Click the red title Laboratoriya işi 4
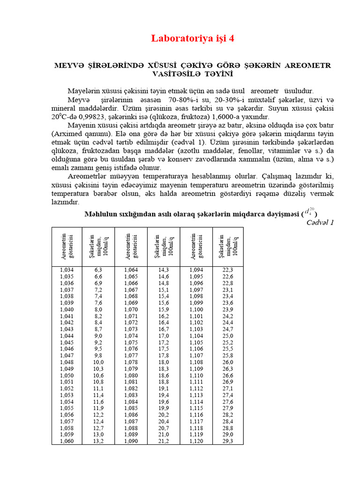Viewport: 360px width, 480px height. pos(192,38)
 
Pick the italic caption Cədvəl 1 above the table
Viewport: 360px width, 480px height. pos(320,222)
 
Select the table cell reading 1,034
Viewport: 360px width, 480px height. pos(67,270)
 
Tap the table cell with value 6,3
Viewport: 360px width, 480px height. pos(98,270)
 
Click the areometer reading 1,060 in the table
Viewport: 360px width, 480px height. pos(67,441)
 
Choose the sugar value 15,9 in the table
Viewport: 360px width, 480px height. pos(164,309)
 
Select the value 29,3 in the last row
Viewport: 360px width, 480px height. pos(228,441)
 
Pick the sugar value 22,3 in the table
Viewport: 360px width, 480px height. pos(228,270)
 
